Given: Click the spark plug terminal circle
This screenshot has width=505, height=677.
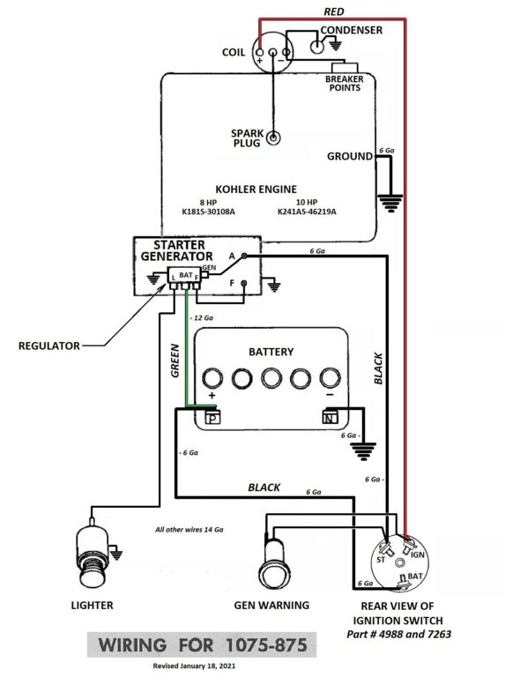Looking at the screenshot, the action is click(273, 138).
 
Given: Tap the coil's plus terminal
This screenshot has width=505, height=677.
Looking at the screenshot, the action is click(260, 53).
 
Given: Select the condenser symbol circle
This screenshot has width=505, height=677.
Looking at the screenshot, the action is click(317, 46).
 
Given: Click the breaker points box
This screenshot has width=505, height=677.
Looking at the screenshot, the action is click(345, 68).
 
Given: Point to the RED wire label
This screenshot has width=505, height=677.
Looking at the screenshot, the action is click(334, 11).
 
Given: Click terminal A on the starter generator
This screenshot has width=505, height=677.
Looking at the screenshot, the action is click(244, 256).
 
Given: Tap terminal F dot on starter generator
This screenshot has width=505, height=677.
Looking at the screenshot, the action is click(244, 283).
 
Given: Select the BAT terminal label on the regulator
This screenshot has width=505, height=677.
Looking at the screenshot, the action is click(186, 275).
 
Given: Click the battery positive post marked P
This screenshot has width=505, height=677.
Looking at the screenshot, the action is click(212, 418).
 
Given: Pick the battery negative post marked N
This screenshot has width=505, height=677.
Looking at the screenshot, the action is click(330, 418).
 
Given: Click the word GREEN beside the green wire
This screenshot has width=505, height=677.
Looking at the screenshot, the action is click(175, 361).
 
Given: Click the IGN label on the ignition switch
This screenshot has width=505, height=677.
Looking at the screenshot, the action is click(418, 555).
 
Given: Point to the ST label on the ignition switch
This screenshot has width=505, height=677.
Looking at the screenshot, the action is click(381, 560).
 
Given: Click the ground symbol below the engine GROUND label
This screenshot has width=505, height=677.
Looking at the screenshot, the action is click(390, 204).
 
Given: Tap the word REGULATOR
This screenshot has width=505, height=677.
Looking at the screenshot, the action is click(49, 346).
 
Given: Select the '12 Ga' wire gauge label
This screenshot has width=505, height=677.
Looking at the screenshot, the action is click(203, 317).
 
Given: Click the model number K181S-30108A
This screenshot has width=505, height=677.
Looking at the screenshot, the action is click(209, 212).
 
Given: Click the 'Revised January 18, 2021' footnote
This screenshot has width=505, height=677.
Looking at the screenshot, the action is click(194, 666).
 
